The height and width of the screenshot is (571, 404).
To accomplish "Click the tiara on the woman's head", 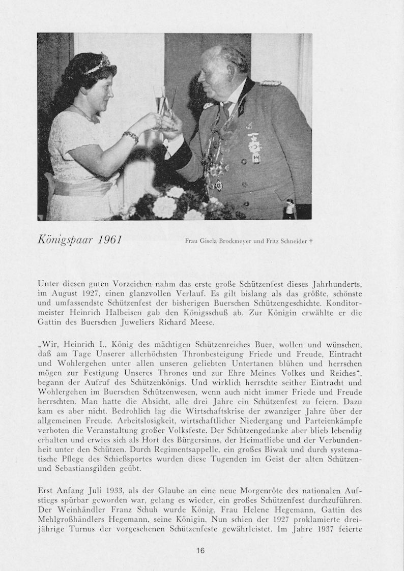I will pos(98,65).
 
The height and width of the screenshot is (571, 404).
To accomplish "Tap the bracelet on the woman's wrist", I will pos(130,136).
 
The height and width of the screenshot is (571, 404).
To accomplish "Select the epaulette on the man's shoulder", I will pos(270,83).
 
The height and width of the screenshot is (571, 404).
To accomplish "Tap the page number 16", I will pos(200,550).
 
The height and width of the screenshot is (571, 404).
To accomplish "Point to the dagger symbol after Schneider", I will pos(310,241).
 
